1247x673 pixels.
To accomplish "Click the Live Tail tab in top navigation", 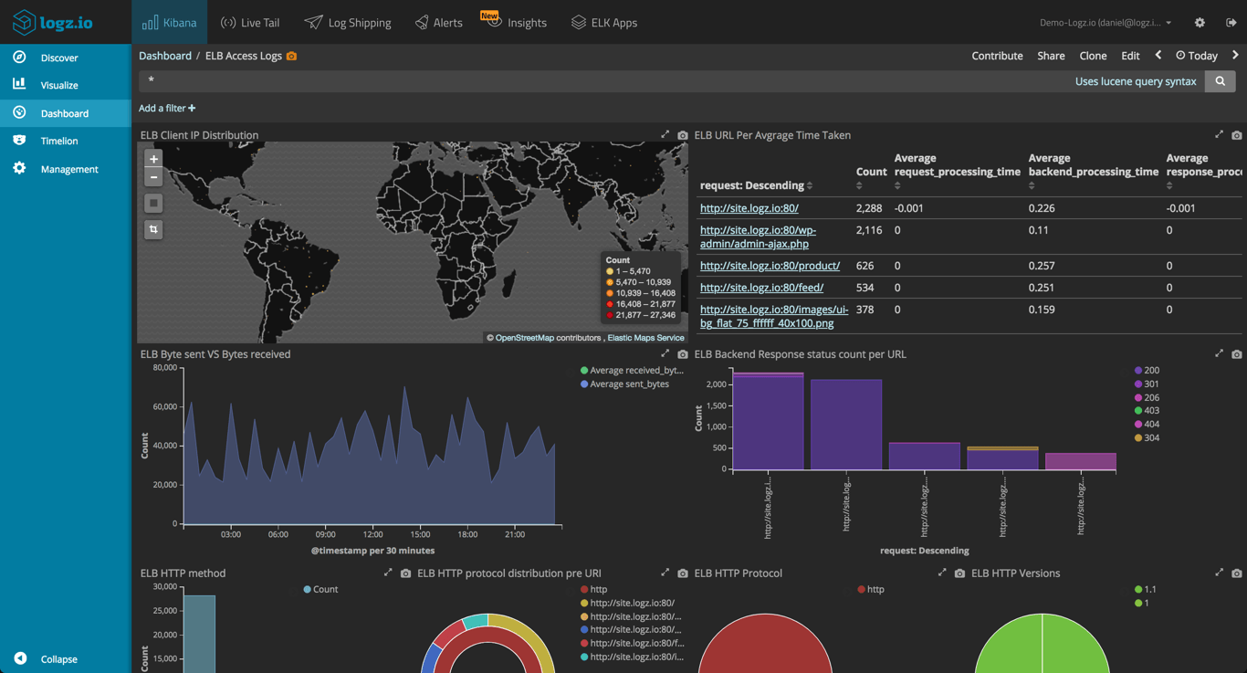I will [x=250, y=22].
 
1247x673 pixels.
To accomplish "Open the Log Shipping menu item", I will [x=348, y=22].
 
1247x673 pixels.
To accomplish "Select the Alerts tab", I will [x=438, y=22].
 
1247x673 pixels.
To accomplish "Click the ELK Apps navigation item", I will [x=603, y=22].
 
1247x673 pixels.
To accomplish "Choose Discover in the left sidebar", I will [x=59, y=58].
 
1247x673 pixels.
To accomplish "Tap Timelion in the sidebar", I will [x=59, y=141].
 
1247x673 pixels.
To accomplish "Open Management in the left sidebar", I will [x=68, y=169].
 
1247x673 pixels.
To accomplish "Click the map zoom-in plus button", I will [x=153, y=159].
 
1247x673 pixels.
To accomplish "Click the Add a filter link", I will [x=167, y=108].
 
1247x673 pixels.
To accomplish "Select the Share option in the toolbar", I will [x=1051, y=56].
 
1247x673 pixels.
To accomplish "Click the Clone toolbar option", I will [x=1093, y=56].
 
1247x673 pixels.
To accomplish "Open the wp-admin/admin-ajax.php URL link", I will [x=758, y=237].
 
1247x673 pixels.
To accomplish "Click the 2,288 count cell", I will [x=869, y=208].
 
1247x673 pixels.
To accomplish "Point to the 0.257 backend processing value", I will [x=1042, y=266].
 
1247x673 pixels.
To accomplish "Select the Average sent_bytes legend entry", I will [x=629, y=384].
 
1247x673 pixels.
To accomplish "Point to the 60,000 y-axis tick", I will [x=164, y=406].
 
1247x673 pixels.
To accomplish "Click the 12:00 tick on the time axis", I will [x=372, y=534].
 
